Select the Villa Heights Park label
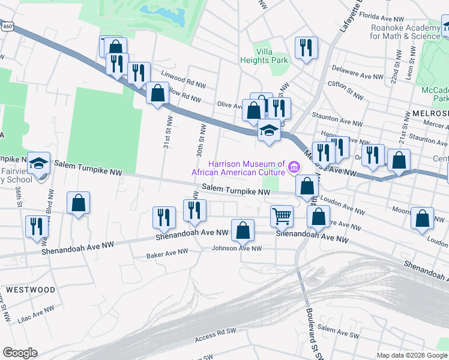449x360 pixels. pos(264,56)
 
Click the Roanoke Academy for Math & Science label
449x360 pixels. pos(405,32)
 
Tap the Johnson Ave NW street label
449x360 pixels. pos(238,248)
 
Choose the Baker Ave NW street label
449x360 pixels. pos(167,255)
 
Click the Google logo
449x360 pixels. pos(20,353)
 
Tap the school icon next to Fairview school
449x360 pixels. pos(39,163)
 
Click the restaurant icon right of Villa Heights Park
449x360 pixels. pos(306,48)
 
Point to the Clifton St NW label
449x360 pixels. pos(346,90)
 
